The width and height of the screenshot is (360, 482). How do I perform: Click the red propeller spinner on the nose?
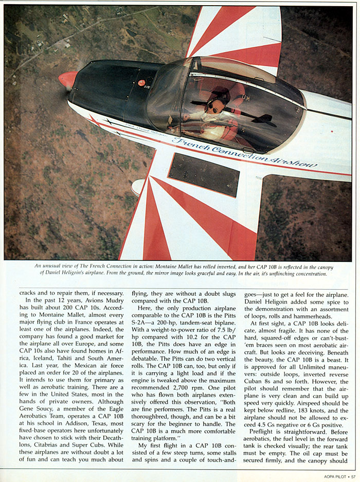pos(67,80)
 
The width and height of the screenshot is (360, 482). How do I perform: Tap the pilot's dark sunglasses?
pos(214,106)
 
